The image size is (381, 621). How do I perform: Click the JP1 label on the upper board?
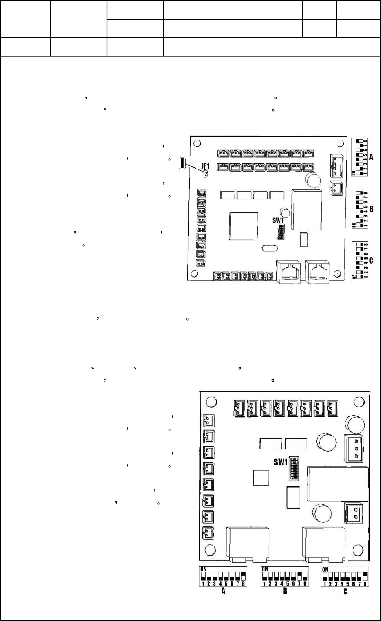[205, 167]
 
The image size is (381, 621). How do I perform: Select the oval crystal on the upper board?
[267, 248]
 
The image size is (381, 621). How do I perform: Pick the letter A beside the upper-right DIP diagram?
[372, 157]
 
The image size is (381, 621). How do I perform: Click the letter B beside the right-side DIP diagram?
[372, 209]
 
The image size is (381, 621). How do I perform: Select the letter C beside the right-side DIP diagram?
[372, 260]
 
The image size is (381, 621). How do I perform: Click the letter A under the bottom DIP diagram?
[223, 592]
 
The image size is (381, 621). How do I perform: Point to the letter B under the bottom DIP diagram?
[285, 592]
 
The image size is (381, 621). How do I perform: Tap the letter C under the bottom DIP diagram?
[345, 592]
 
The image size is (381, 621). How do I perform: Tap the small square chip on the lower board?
[261, 478]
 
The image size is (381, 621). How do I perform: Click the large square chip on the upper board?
[244, 226]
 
